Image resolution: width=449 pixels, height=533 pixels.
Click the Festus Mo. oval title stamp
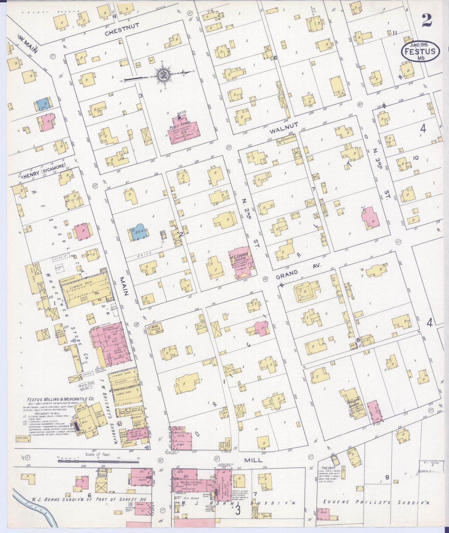pos(421,52)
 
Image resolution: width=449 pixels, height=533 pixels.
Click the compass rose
pos(162,74)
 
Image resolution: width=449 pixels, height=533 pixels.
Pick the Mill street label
pos(253,460)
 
